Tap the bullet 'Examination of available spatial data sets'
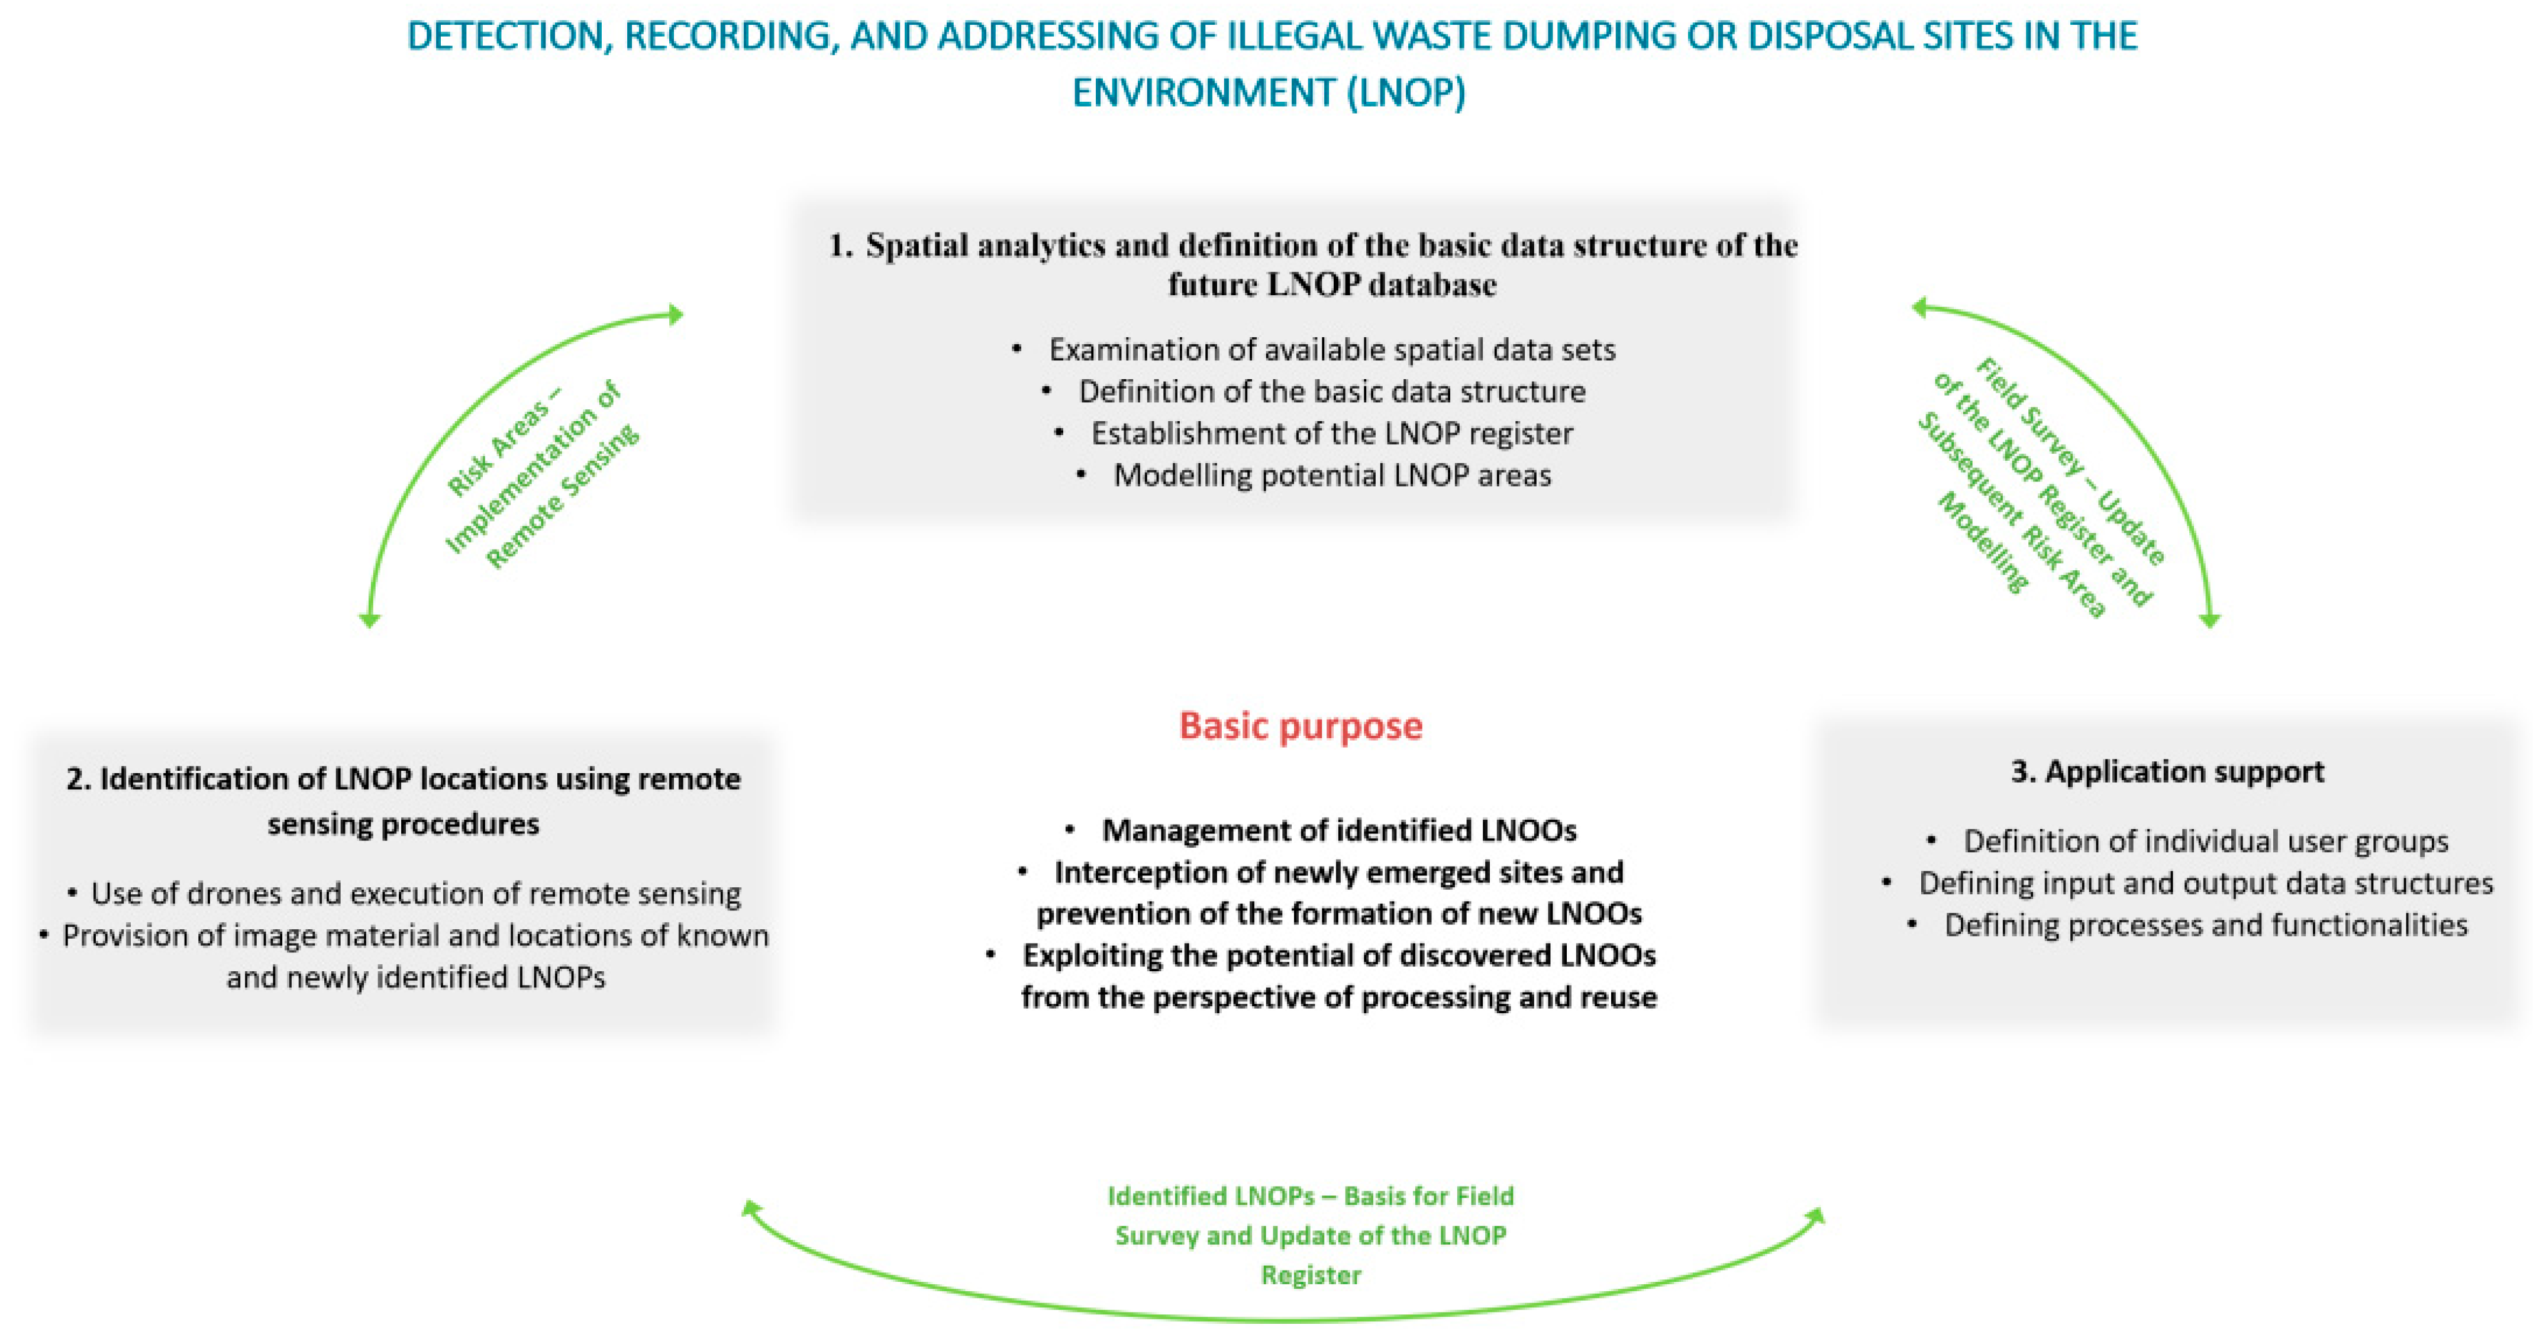(x=1331, y=350)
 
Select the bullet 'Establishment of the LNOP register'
(x=1331, y=434)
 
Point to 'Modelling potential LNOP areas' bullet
(x=1331, y=476)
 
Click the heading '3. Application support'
(x=2167, y=772)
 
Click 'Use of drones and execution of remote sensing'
(x=415, y=894)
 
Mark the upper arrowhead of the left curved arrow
(x=676, y=315)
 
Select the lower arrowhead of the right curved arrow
(x=2209, y=619)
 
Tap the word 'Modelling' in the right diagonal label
(x=1982, y=542)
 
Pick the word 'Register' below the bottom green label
(x=1311, y=1275)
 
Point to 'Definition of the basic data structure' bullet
(x=1331, y=392)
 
